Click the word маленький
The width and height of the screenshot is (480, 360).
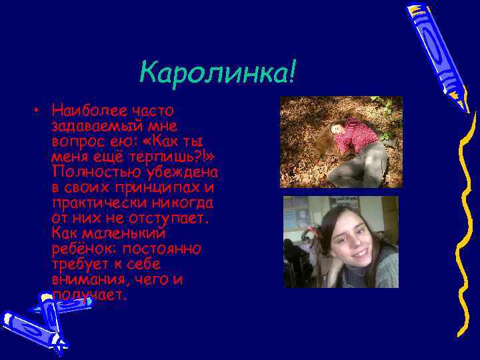point(123,233)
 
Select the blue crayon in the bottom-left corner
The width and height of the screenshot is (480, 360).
point(37,320)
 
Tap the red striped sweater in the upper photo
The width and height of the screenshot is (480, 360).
point(357,136)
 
